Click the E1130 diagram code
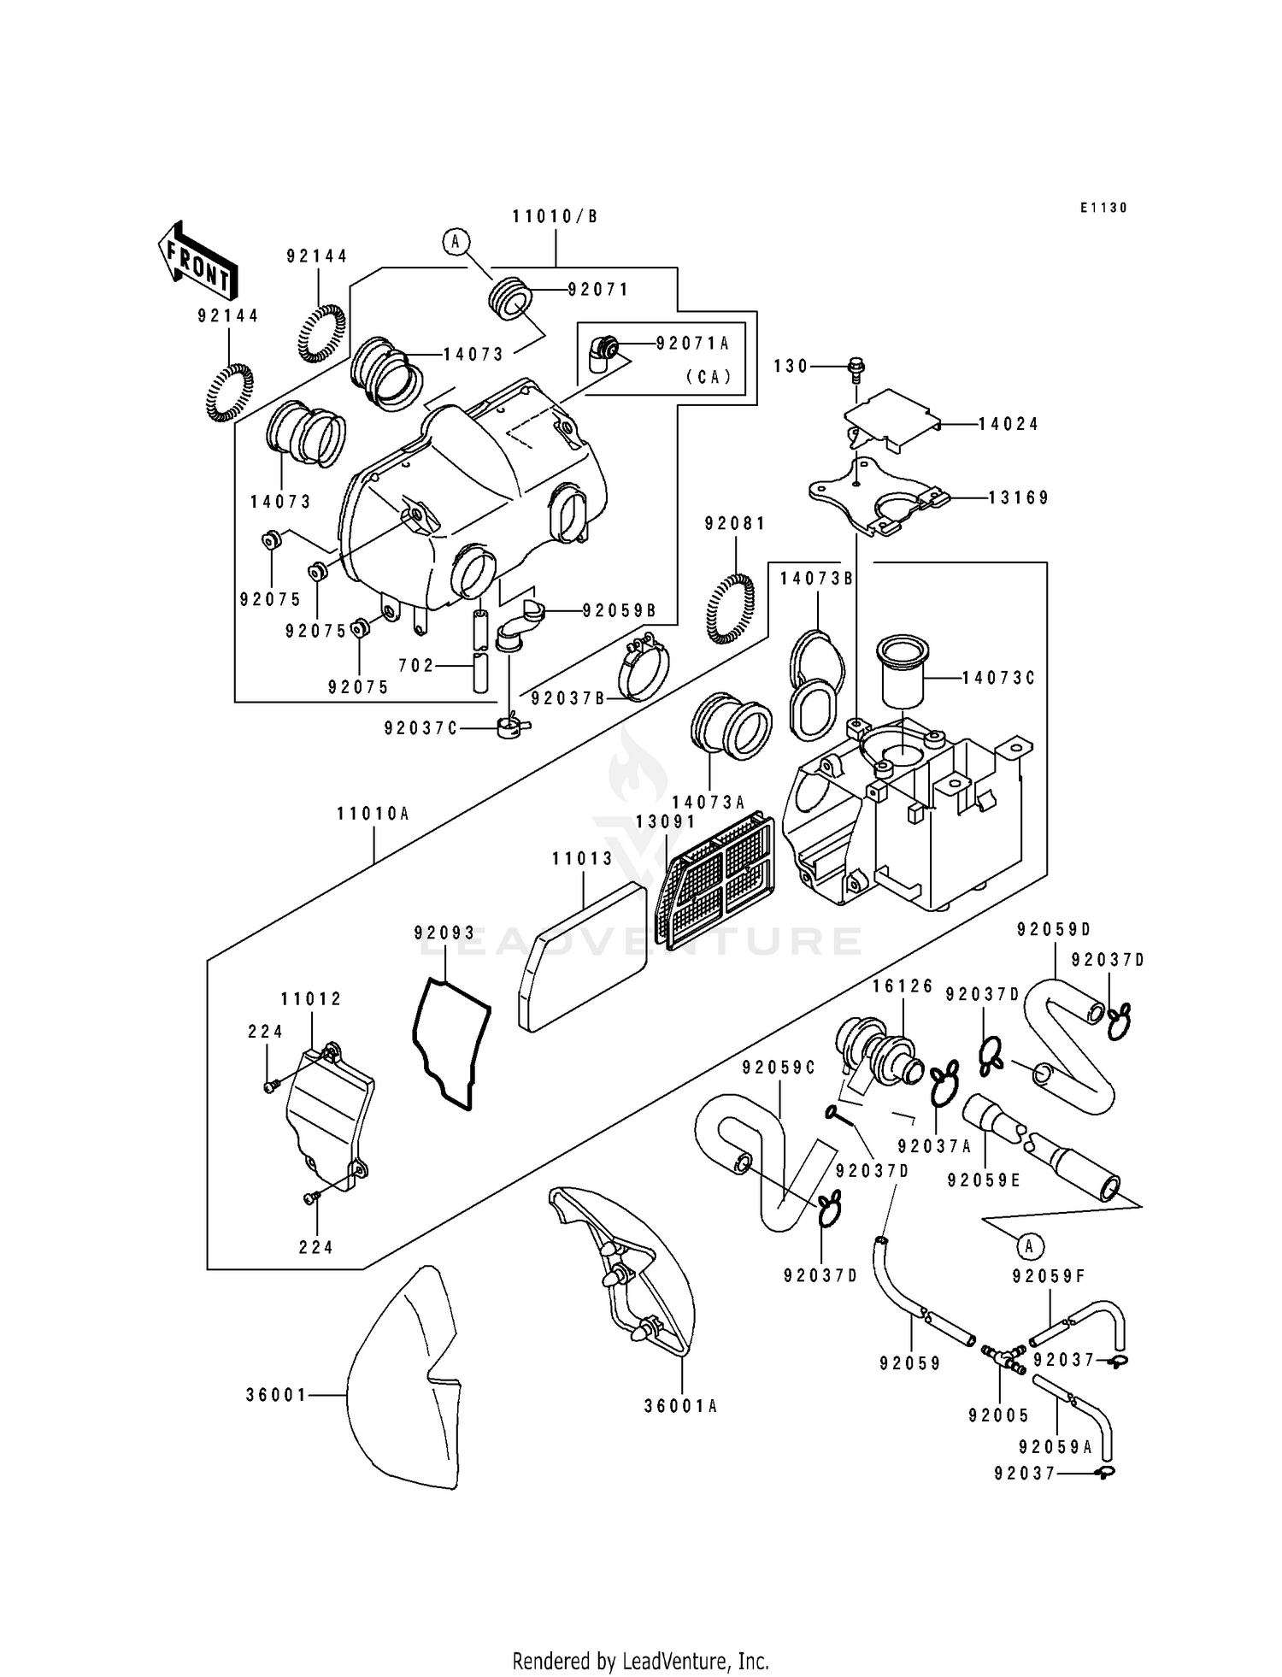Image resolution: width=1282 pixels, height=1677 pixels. (1103, 208)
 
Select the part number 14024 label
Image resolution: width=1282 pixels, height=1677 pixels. (1009, 424)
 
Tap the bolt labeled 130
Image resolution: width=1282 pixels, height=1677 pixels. (856, 368)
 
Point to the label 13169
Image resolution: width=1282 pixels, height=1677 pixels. (1019, 497)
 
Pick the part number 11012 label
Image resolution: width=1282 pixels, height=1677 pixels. (311, 999)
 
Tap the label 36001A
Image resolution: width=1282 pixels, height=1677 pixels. (681, 1406)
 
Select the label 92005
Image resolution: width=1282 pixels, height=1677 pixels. (998, 1415)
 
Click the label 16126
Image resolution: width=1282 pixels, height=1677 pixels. (903, 986)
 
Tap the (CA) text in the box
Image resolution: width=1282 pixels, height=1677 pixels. (709, 377)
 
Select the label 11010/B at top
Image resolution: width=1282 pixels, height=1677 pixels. (556, 217)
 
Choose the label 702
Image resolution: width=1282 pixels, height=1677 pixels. (417, 665)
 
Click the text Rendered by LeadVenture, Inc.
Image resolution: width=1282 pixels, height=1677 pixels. (640, 1661)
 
